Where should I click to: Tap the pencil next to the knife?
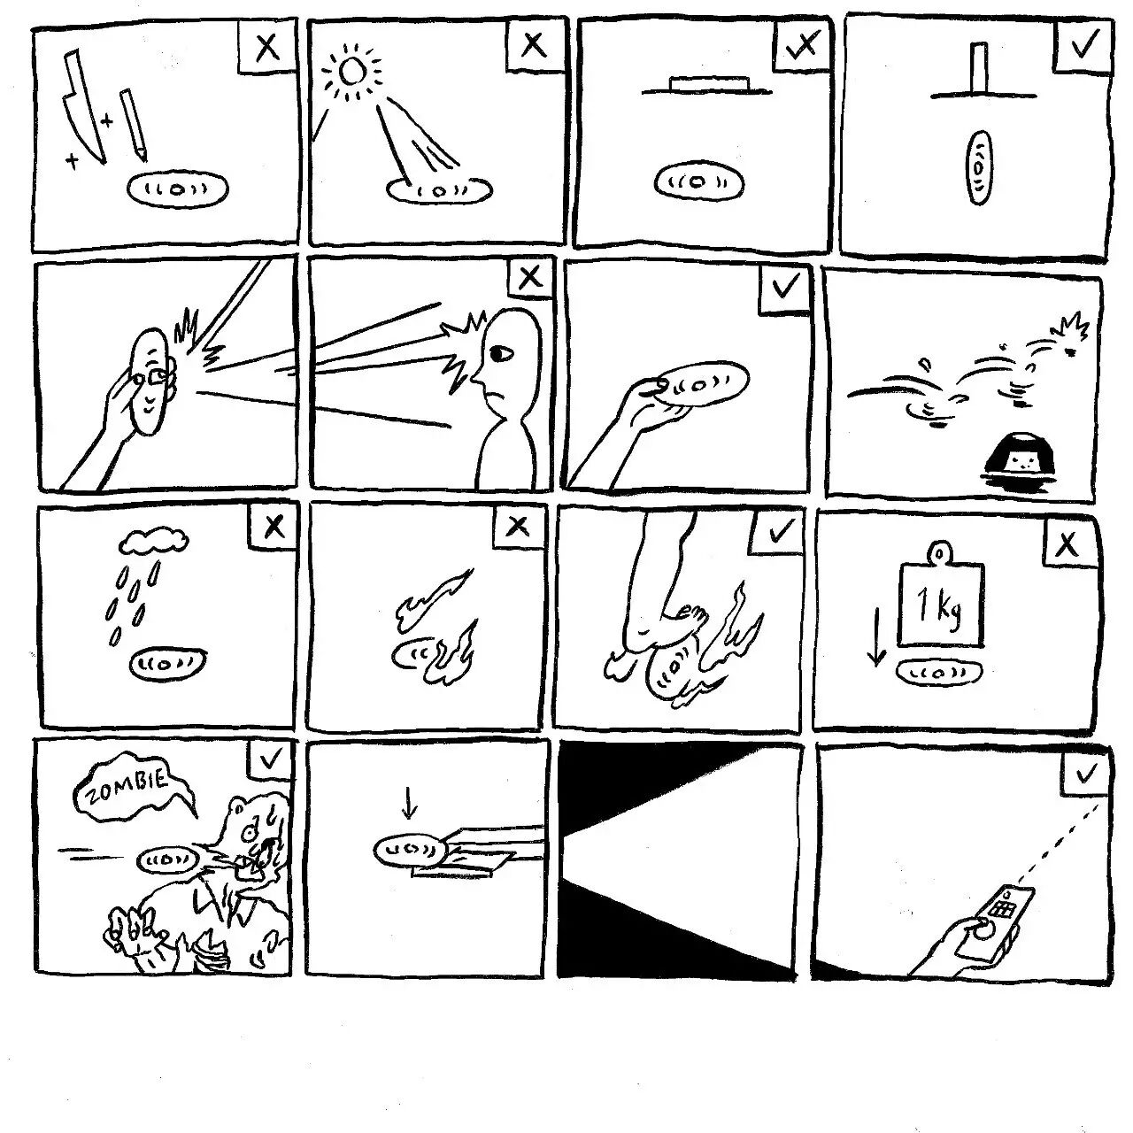tap(134, 125)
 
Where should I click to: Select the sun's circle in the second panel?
tap(351, 72)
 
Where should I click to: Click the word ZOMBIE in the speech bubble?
tap(127, 786)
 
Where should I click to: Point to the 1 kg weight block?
tap(940, 602)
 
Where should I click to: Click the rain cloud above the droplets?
tap(154, 542)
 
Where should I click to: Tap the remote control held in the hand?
tap(994, 929)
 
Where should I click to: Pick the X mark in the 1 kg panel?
tap(1067, 546)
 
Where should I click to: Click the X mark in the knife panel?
tap(268, 47)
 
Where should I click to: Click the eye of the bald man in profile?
tap(501, 353)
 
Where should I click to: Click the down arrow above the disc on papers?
tap(409, 802)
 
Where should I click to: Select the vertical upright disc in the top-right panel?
tap(979, 167)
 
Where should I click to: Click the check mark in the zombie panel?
tap(270, 759)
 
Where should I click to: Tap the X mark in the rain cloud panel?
tap(274, 527)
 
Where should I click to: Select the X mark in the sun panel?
tap(533, 44)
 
